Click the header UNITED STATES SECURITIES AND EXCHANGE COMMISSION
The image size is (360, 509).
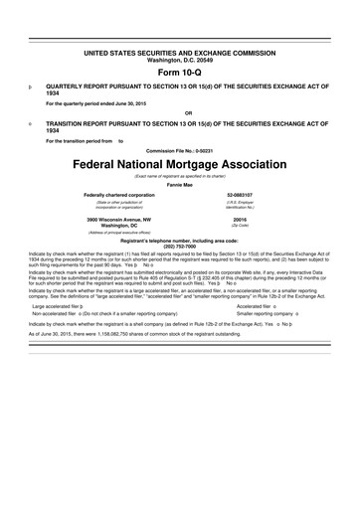180,49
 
